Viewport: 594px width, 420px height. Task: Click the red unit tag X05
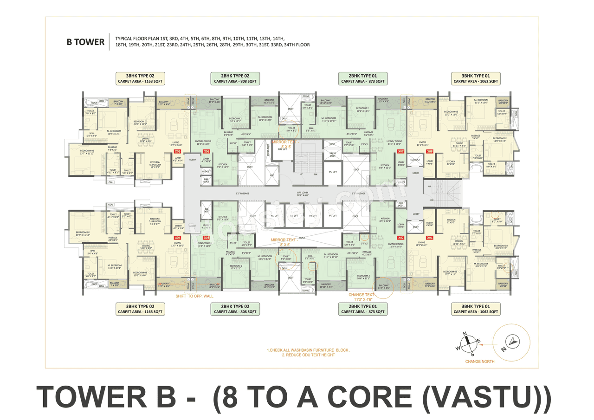pos(177,151)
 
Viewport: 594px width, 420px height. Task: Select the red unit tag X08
pos(430,151)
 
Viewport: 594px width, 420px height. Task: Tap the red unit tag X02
pos(401,238)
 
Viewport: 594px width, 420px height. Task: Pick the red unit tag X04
pos(177,237)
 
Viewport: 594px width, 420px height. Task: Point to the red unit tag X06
pos(207,151)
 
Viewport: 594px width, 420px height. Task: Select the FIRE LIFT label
pos(276,149)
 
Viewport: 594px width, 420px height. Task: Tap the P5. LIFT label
pos(333,172)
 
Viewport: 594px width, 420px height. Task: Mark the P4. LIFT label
pos(333,215)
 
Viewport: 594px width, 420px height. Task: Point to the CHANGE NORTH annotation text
pos(480,361)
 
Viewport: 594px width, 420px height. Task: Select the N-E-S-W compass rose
pos(469,343)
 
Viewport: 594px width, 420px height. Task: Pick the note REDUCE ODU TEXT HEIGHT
pos(308,355)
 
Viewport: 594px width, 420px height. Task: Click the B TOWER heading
pos(85,42)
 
